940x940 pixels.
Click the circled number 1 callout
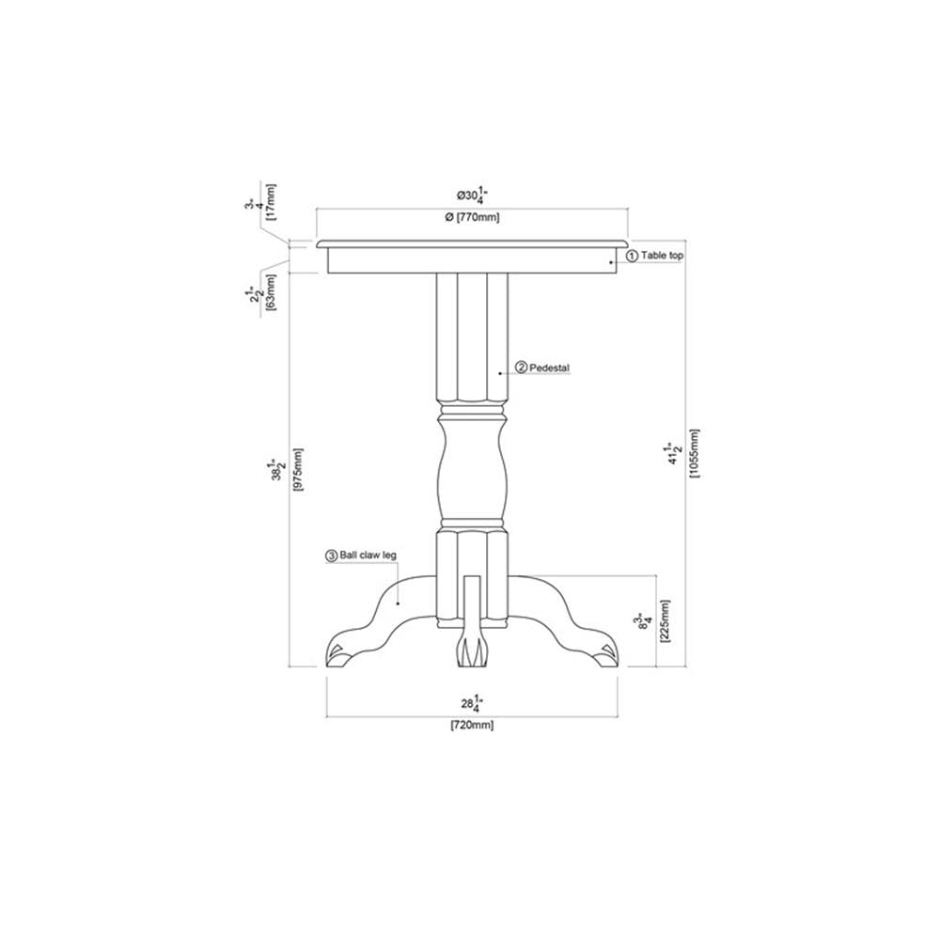(x=632, y=255)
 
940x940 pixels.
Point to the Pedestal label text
(x=550, y=368)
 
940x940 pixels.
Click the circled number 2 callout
(x=521, y=368)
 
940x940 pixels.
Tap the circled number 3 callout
(x=331, y=556)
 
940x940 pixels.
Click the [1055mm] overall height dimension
(x=695, y=454)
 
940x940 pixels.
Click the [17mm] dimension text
(x=272, y=199)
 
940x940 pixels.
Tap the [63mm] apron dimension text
(x=271, y=292)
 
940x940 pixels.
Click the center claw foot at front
(x=472, y=649)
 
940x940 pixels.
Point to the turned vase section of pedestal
(x=472, y=465)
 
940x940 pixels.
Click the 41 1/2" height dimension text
(x=674, y=454)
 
